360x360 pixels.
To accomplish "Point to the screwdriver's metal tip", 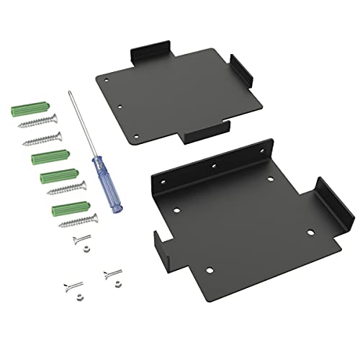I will click(71, 94).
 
